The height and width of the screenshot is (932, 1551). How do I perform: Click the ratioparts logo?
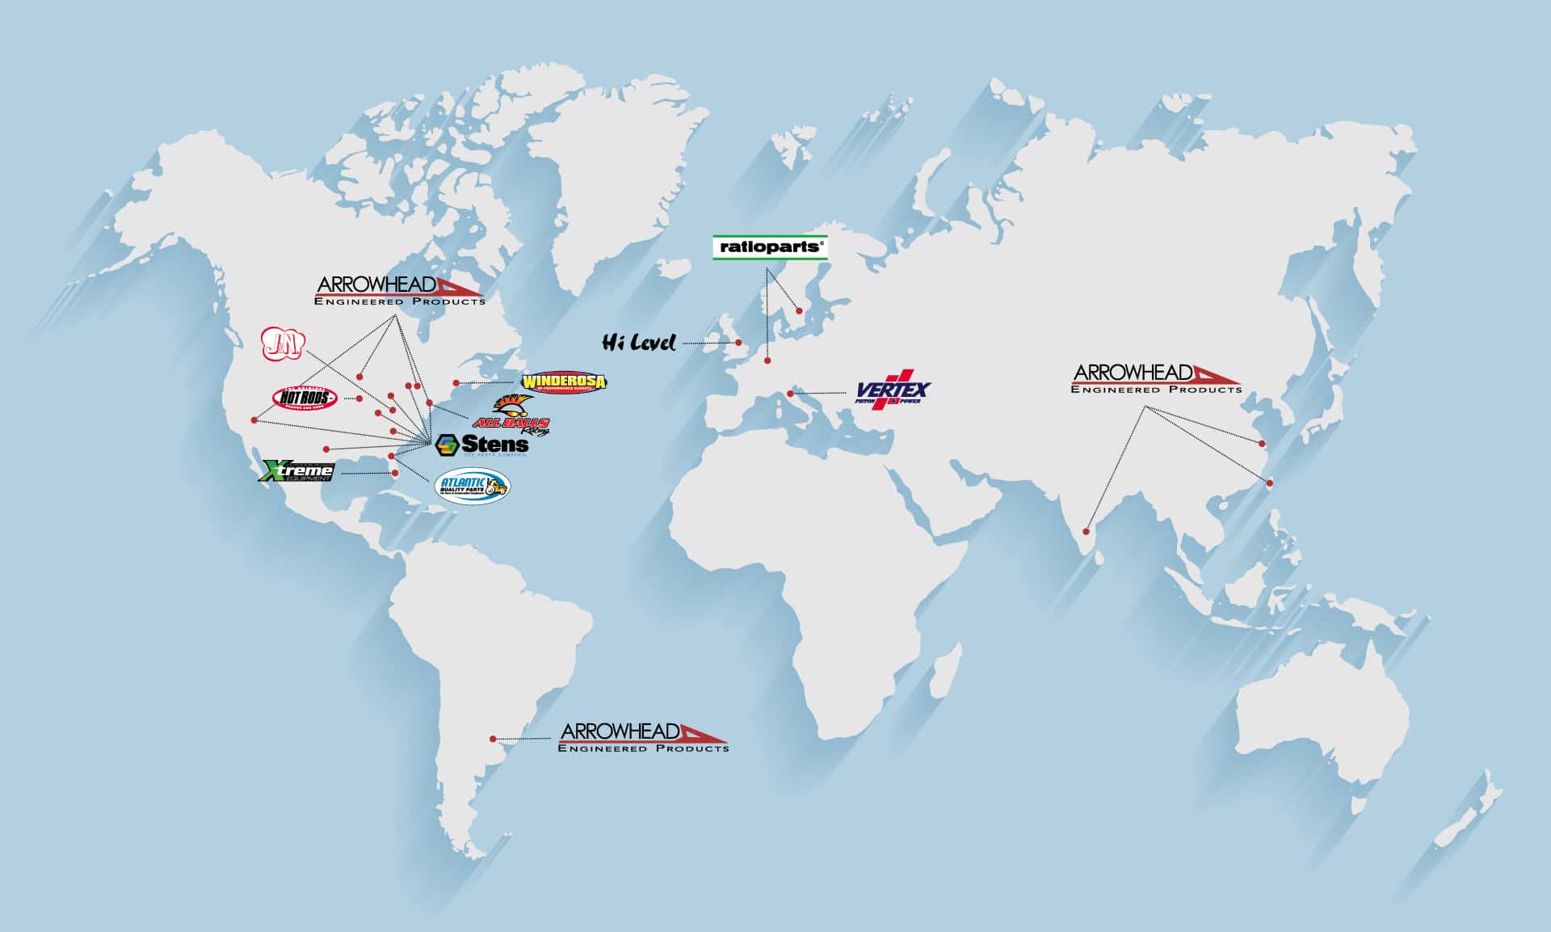770,247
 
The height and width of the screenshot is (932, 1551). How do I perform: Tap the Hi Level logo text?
638,343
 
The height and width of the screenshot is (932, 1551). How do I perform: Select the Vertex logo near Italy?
893,392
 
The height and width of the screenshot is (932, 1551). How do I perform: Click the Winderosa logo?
563,382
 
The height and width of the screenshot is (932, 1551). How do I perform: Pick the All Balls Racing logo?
511,416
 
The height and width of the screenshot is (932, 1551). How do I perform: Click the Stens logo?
482,445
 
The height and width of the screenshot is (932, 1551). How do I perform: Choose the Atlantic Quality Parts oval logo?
472,485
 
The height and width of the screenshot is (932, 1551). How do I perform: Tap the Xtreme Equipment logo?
296,470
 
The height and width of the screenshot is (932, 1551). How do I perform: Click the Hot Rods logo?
305,398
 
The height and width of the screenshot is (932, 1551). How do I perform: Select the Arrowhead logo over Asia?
1156,378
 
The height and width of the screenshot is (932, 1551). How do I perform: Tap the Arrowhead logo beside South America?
643,737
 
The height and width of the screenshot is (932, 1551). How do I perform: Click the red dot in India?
1087,531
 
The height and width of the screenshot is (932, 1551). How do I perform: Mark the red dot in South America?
493,739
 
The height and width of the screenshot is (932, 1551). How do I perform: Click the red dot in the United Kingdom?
738,343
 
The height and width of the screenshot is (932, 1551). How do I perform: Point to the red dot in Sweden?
799,310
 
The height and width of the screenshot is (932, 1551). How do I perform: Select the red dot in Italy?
791,394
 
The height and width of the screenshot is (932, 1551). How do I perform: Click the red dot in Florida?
395,474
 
